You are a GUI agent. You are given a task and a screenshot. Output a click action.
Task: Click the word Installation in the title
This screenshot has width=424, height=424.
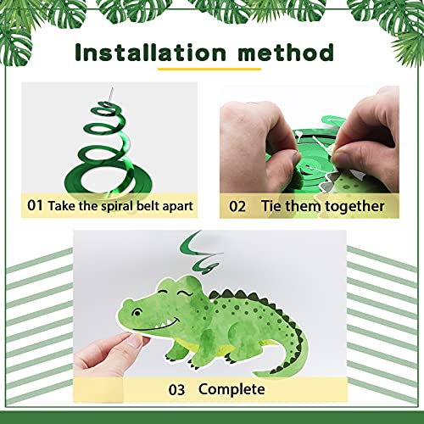[149, 53]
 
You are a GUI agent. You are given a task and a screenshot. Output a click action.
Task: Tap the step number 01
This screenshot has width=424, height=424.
[35, 204]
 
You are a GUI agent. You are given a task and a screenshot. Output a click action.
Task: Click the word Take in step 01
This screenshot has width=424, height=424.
[62, 204]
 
